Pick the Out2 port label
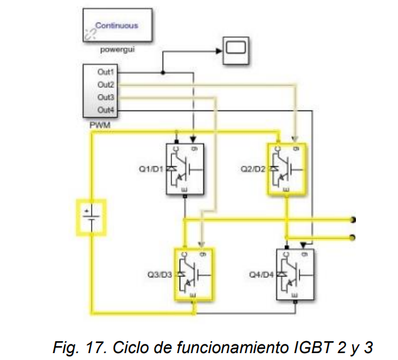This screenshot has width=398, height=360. (105, 84)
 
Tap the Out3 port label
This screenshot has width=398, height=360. (105, 97)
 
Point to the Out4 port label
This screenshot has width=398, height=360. (105, 110)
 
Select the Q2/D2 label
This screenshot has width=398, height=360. (253, 169)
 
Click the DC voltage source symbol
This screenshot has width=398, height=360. (92, 217)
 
